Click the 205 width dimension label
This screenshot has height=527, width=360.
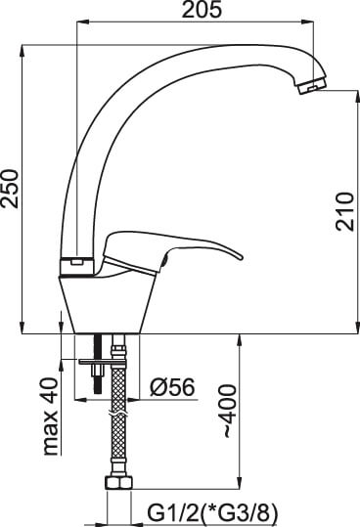coord(202,10)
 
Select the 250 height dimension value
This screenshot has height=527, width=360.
coord(9,189)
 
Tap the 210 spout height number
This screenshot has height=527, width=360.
coord(345,211)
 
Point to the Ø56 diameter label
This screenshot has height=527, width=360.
coord(172,387)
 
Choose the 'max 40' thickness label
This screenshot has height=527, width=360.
coord(51,417)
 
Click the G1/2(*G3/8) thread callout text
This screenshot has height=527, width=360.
coord(212,512)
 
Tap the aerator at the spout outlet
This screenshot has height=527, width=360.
coord(312,85)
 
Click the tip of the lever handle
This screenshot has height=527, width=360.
coord(241,257)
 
